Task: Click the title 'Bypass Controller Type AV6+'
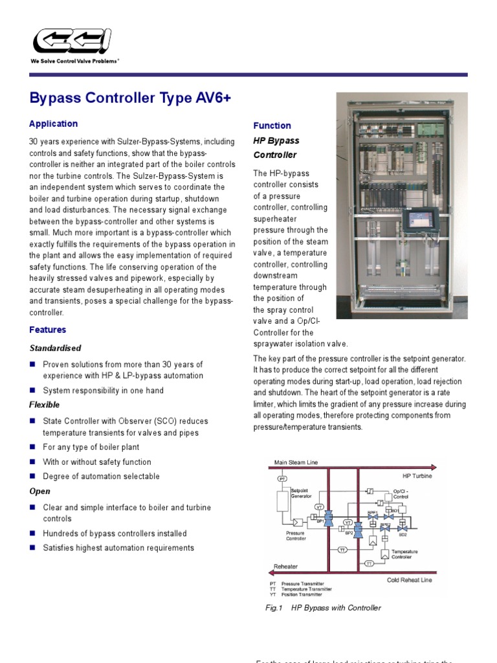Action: [130, 98]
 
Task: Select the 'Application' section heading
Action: [53, 124]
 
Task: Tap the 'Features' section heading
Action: [47, 330]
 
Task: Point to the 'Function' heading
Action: [272, 126]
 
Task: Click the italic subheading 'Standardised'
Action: [55, 348]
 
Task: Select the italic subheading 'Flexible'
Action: [45, 405]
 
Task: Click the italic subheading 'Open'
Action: [39, 491]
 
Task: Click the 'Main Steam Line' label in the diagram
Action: [296, 462]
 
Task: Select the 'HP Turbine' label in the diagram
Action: [417, 476]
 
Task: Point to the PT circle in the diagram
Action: [282, 478]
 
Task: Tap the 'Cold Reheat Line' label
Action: [409, 580]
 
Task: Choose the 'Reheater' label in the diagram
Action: [285, 567]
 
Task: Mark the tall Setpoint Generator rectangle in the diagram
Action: [282, 500]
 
